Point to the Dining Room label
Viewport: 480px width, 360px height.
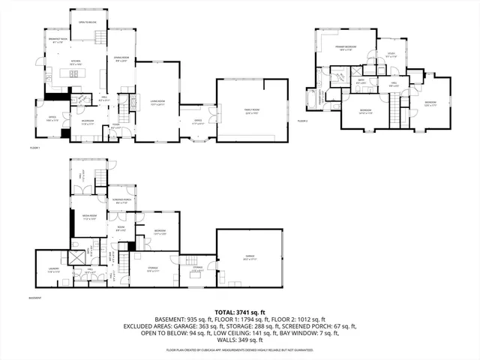(121, 61)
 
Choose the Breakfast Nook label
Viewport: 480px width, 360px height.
(58, 40)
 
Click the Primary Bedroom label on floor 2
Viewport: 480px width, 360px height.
(340, 48)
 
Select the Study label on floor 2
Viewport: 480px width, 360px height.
(391, 54)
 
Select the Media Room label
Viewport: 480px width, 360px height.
(88, 218)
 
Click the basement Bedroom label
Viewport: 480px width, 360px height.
(159, 232)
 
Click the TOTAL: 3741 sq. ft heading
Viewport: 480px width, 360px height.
(240, 311)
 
